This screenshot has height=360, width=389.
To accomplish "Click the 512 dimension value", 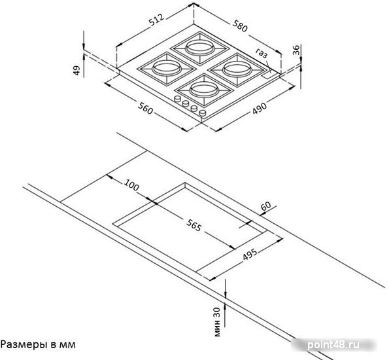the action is pyautogui.click(x=156, y=20).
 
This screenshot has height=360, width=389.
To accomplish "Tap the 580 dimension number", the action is pyautogui.click(x=240, y=26).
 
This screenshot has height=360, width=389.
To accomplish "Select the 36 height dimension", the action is pyautogui.click(x=296, y=50).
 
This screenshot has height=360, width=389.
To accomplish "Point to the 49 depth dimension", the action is pyautogui.click(x=77, y=70).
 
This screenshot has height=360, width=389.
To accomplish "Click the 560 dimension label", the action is pyautogui.click(x=145, y=109).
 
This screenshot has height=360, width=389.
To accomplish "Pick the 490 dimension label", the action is pyautogui.click(x=260, y=108).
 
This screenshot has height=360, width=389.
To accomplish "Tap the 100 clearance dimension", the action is pyautogui.click(x=131, y=185).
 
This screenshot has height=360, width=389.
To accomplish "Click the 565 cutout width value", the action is pyautogui.click(x=194, y=226).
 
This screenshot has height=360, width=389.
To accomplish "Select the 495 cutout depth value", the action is pyautogui.click(x=250, y=254).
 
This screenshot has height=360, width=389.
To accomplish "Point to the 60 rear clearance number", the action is pyautogui.click(x=265, y=206).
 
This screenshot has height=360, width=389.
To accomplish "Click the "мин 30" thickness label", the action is pyautogui.click(x=217, y=322).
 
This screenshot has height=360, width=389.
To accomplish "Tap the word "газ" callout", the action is pyautogui.click(x=262, y=53).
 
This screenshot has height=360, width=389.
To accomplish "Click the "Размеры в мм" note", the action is pyautogui.click(x=38, y=344).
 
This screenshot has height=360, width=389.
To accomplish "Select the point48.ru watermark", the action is pyautogui.click(x=333, y=345).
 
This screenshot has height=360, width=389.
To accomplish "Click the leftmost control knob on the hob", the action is pyautogui.click(x=178, y=99).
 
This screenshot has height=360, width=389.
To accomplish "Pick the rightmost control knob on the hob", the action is pyautogui.click(x=203, y=113).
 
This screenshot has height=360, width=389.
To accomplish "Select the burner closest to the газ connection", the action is pyautogui.click(x=238, y=69).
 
